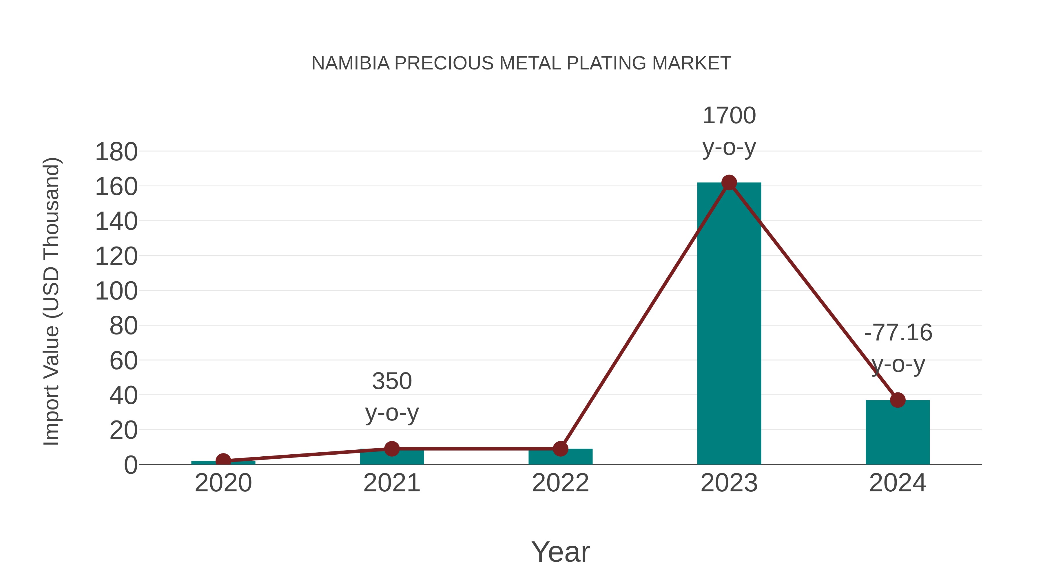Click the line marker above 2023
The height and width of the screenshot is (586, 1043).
click(729, 183)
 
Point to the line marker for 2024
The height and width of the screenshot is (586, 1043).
click(898, 400)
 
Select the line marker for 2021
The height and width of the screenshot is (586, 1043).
click(391, 449)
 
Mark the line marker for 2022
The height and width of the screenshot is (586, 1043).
click(560, 449)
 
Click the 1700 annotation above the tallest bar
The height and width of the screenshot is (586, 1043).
click(729, 116)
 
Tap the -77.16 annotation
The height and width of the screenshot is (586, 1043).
click(898, 333)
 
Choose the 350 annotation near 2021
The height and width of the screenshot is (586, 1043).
click(391, 381)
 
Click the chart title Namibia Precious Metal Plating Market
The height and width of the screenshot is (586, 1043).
click(521, 63)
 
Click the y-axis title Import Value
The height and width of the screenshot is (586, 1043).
click(52, 301)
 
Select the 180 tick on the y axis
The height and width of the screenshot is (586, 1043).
click(116, 153)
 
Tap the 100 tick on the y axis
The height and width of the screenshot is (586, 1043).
click(116, 291)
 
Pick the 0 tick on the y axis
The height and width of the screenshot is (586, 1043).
click(130, 465)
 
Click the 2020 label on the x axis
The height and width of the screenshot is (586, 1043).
click(223, 483)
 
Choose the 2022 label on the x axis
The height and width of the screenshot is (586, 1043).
click(560, 483)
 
